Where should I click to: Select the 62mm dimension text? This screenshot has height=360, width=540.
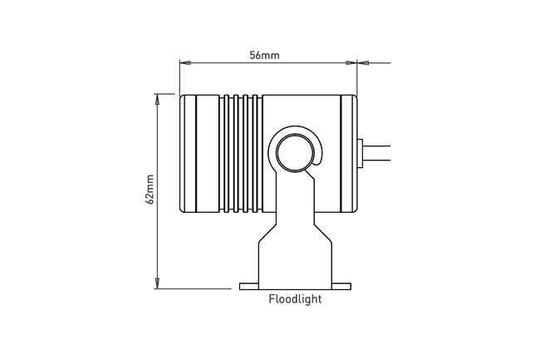(150, 189)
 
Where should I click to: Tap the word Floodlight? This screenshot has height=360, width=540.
(295, 299)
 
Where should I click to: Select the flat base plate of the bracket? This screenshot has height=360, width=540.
(295, 286)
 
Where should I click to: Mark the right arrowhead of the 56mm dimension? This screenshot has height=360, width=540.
(351, 62)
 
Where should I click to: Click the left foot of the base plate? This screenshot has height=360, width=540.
(248, 286)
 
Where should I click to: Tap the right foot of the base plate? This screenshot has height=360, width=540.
(341, 286)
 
